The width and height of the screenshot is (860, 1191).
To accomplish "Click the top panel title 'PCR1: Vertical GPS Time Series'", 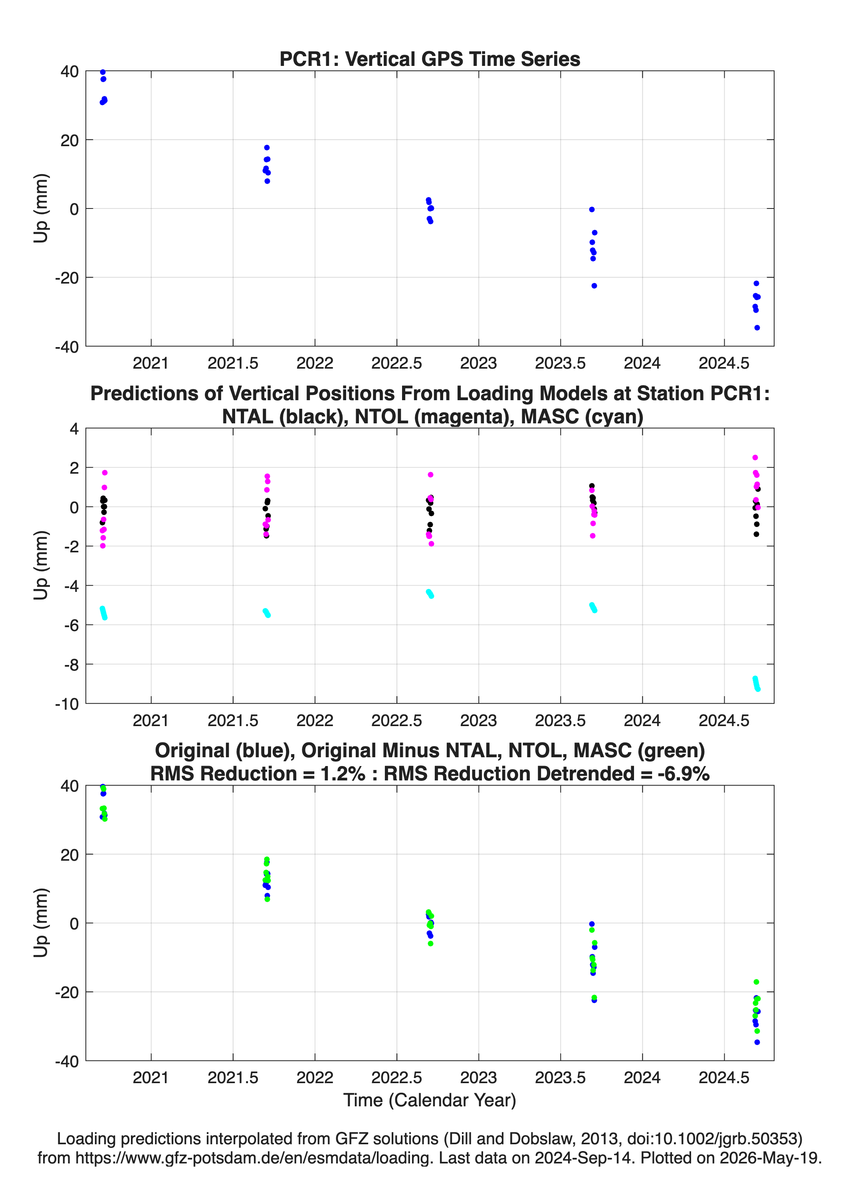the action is (430, 59).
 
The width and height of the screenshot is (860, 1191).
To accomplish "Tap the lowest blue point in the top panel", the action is (757, 328).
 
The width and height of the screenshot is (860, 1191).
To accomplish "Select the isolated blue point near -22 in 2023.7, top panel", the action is (594, 286).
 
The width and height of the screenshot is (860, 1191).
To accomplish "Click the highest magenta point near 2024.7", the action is (755, 457).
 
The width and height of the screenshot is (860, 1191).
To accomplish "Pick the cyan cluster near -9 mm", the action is (756, 683).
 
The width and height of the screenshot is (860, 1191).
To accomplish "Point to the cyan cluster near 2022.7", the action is (430, 594).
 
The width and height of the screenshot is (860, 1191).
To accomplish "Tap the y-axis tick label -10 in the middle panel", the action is (67, 704).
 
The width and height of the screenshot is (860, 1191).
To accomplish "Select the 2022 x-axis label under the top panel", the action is (315, 363).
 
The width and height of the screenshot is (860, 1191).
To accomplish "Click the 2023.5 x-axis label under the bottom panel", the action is (560, 1077).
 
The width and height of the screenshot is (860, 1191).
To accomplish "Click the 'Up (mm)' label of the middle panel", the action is (41, 566).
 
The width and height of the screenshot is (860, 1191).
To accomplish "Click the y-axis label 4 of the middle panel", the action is (74, 429).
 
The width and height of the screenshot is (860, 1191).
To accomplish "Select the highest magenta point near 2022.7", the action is (430, 475).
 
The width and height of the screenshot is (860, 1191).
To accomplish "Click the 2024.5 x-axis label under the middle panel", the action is (724, 720).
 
